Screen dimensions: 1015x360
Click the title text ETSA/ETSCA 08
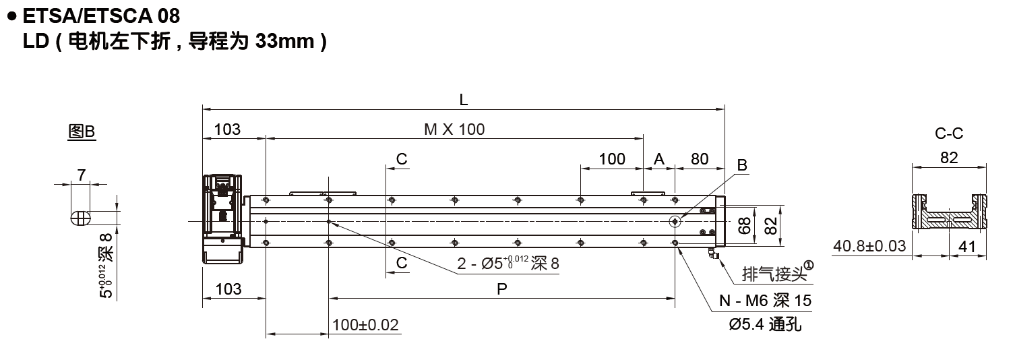pyautogui.click(x=101, y=16)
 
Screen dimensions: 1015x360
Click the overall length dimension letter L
pyautogui.click(x=463, y=100)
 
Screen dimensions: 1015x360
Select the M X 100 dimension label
pyautogui.click(x=454, y=129)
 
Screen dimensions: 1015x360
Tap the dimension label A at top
pyautogui.click(x=659, y=159)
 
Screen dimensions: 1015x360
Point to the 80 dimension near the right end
pyautogui.click(x=700, y=159)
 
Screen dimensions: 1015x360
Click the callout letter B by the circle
pyautogui.click(x=742, y=165)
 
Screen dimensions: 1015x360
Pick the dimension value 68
pyautogui.click(x=744, y=225)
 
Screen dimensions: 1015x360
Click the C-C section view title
pyautogui.click(x=949, y=133)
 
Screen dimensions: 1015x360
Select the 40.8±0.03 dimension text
pyautogui.click(x=869, y=246)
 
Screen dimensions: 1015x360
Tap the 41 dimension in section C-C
pyautogui.click(x=967, y=246)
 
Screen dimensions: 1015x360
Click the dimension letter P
pyautogui.click(x=501, y=289)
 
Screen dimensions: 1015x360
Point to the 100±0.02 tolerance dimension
pyautogui.click(x=365, y=325)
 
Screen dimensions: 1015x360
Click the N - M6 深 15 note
pyautogui.click(x=766, y=300)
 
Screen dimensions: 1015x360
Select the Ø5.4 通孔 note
pyautogui.click(x=766, y=324)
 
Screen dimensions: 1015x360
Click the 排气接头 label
pyautogui.click(x=774, y=274)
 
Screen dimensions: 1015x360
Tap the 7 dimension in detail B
pyautogui.click(x=82, y=175)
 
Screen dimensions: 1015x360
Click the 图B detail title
pyautogui.click(x=82, y=131)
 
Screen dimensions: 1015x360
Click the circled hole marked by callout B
pyautogui.click(x=675, y=221)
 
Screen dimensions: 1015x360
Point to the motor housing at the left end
pyautogui.click(x=223, y=219)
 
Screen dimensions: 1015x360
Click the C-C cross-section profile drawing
pyautogui.click(x=949, y=212)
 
